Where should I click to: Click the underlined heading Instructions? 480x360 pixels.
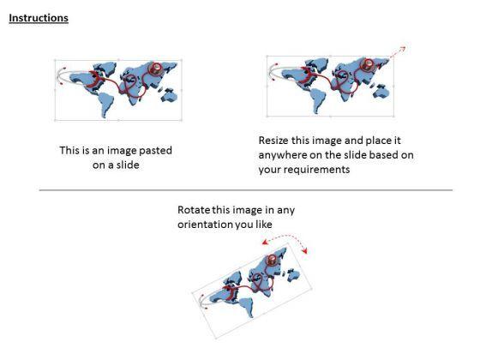tap(39, 18)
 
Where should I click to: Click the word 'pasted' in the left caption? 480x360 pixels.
tap(155, 151)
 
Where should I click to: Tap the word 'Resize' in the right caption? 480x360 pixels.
tap(273, 141)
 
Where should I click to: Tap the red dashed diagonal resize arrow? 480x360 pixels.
tap(398, 52)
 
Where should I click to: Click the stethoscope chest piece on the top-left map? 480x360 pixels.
tap(156, 69)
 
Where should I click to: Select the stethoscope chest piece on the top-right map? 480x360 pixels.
tap(368, 64)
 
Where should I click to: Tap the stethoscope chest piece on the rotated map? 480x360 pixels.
tap(272, 260)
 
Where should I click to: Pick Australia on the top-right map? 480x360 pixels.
tap(381, 91)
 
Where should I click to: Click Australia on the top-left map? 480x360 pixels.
tap(170, 94)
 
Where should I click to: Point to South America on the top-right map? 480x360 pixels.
tap(318, 100)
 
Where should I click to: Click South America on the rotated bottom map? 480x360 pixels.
tap(247, 306)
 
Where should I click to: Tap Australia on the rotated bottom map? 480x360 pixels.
tap(293, 274)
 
